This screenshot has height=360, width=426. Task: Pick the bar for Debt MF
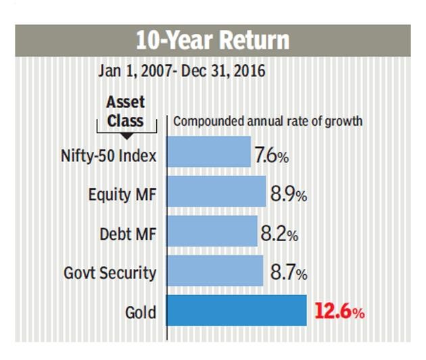212,231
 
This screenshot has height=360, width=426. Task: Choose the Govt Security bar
214,270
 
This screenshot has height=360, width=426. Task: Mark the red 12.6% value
339,313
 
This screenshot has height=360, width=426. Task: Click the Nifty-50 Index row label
108,156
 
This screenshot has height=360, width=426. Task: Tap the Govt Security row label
110,274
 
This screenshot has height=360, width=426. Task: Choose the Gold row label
140,313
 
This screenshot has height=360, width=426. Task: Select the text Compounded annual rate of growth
268,122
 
